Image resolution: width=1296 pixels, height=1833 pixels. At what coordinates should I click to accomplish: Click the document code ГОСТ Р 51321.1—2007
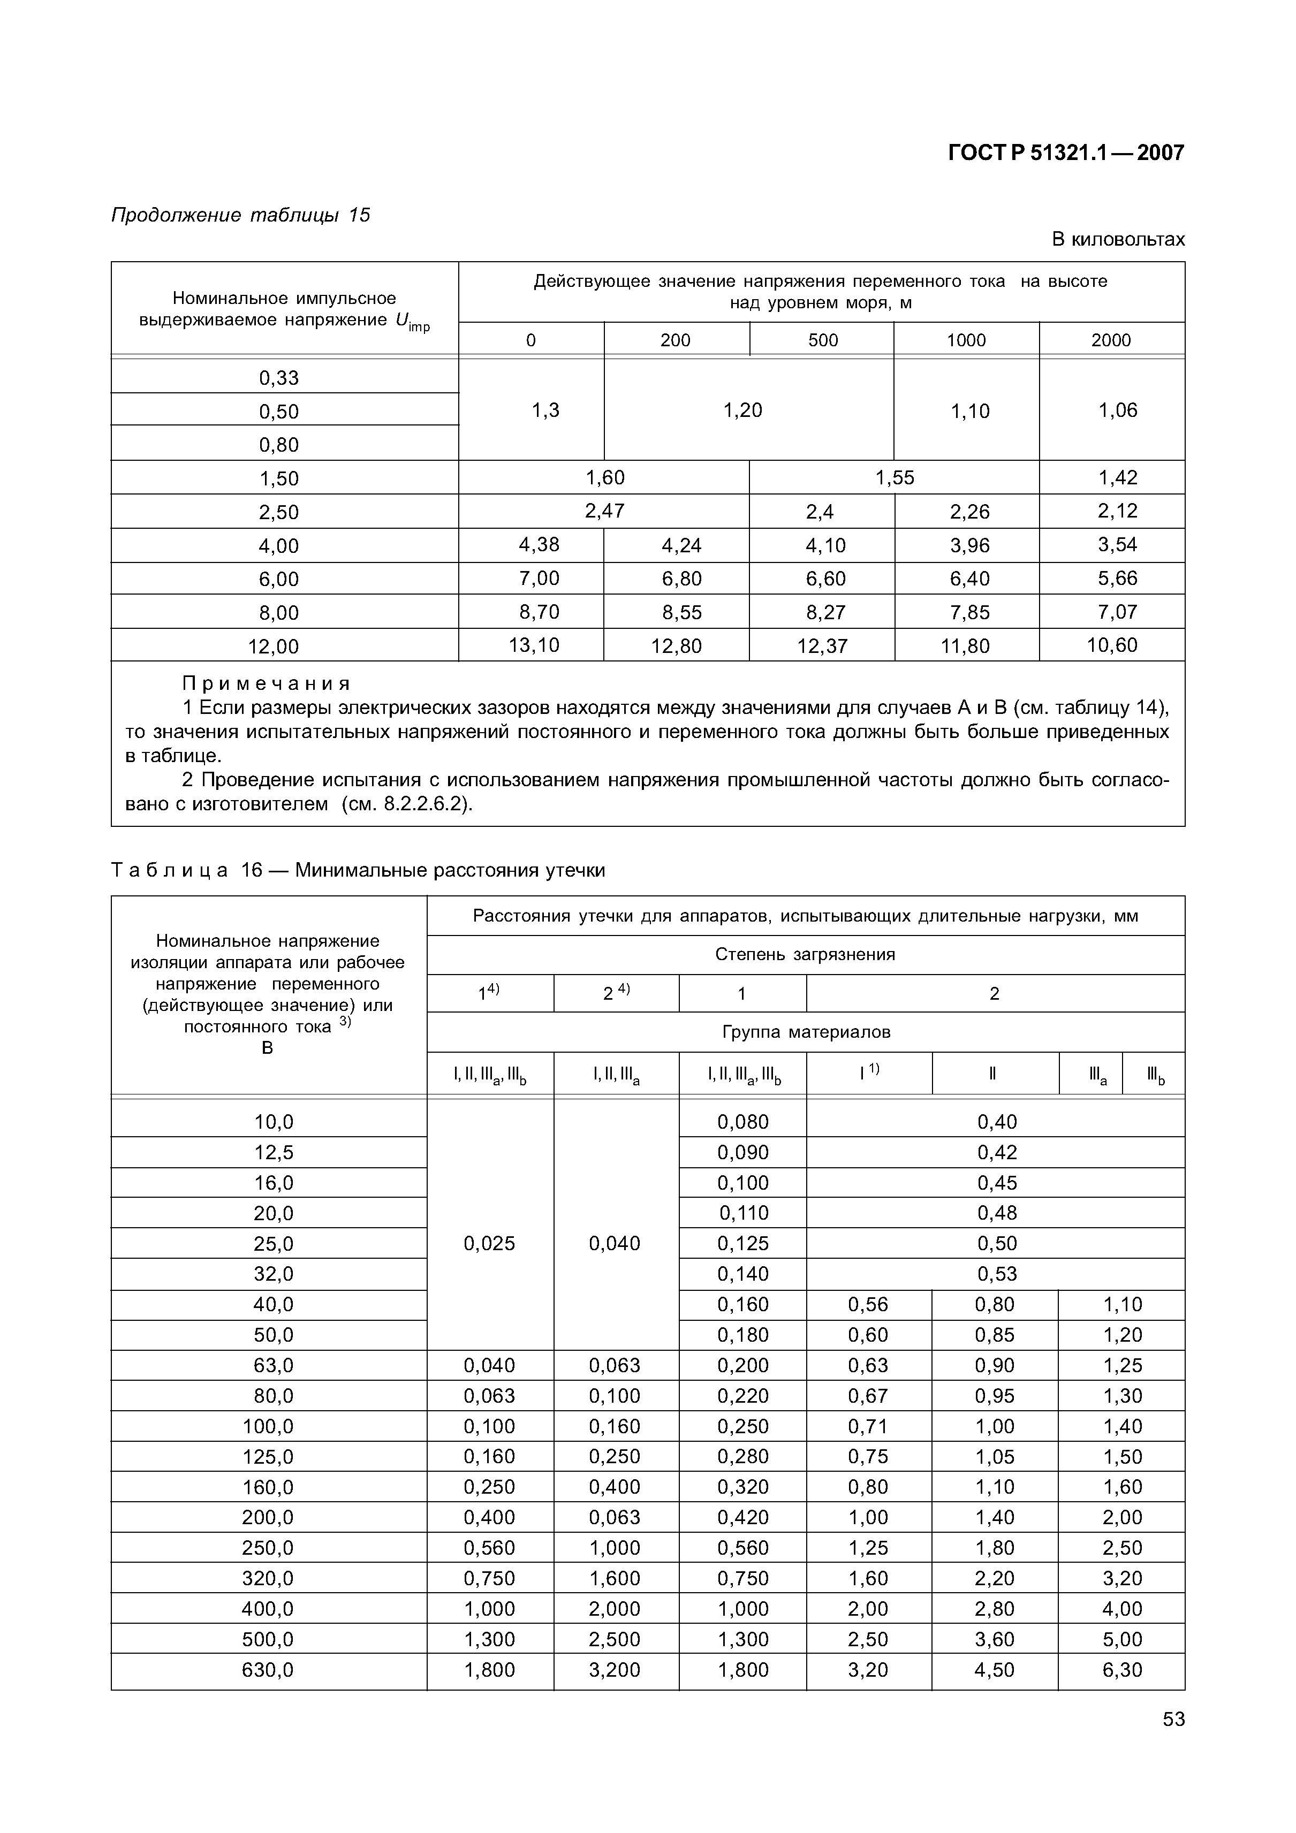pos(1065,153)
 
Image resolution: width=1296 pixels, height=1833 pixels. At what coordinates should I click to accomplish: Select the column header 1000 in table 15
pos(966,340)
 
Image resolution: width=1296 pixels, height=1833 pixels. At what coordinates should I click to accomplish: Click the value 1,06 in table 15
pos(1117,410)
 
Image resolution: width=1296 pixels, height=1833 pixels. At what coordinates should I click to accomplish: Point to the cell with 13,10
pos(534,645)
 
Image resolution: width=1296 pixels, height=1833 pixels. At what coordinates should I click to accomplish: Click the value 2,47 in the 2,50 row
pos(604,511)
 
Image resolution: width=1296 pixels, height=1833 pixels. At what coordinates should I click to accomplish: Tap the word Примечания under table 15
pos(267,683)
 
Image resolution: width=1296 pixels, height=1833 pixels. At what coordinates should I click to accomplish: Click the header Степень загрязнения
pos(805,954)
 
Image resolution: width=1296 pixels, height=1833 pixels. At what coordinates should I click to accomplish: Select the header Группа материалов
pos(806,1032)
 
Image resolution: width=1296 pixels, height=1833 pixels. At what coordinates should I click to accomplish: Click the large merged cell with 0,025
pos(489,1243)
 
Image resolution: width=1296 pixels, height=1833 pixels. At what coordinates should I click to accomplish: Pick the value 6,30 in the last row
pos(1122,1669)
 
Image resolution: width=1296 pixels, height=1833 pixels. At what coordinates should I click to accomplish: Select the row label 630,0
pos(268,1669)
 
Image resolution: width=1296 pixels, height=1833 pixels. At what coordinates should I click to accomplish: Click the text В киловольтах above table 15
pos(1117,240)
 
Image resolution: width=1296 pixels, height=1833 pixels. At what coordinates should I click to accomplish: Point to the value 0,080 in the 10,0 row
pos(742,1122)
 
